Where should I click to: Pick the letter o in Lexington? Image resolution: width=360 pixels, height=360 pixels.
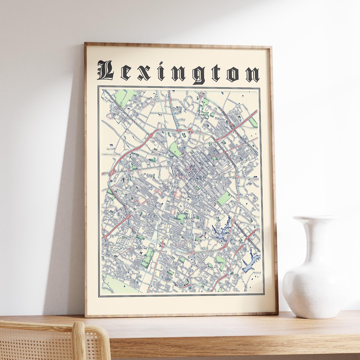pos(233,74)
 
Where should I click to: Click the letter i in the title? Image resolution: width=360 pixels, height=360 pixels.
pos(161,73)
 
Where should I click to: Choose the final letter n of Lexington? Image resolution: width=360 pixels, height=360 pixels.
pos(252,74)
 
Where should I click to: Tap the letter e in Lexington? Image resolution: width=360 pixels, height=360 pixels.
pos(126,74)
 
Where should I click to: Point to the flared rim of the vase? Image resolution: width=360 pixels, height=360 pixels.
pos(315,219)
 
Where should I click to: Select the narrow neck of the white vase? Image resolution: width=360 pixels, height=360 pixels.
pos(315,237)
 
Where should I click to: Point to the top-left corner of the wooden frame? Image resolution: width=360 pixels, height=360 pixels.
pos(86,44)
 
